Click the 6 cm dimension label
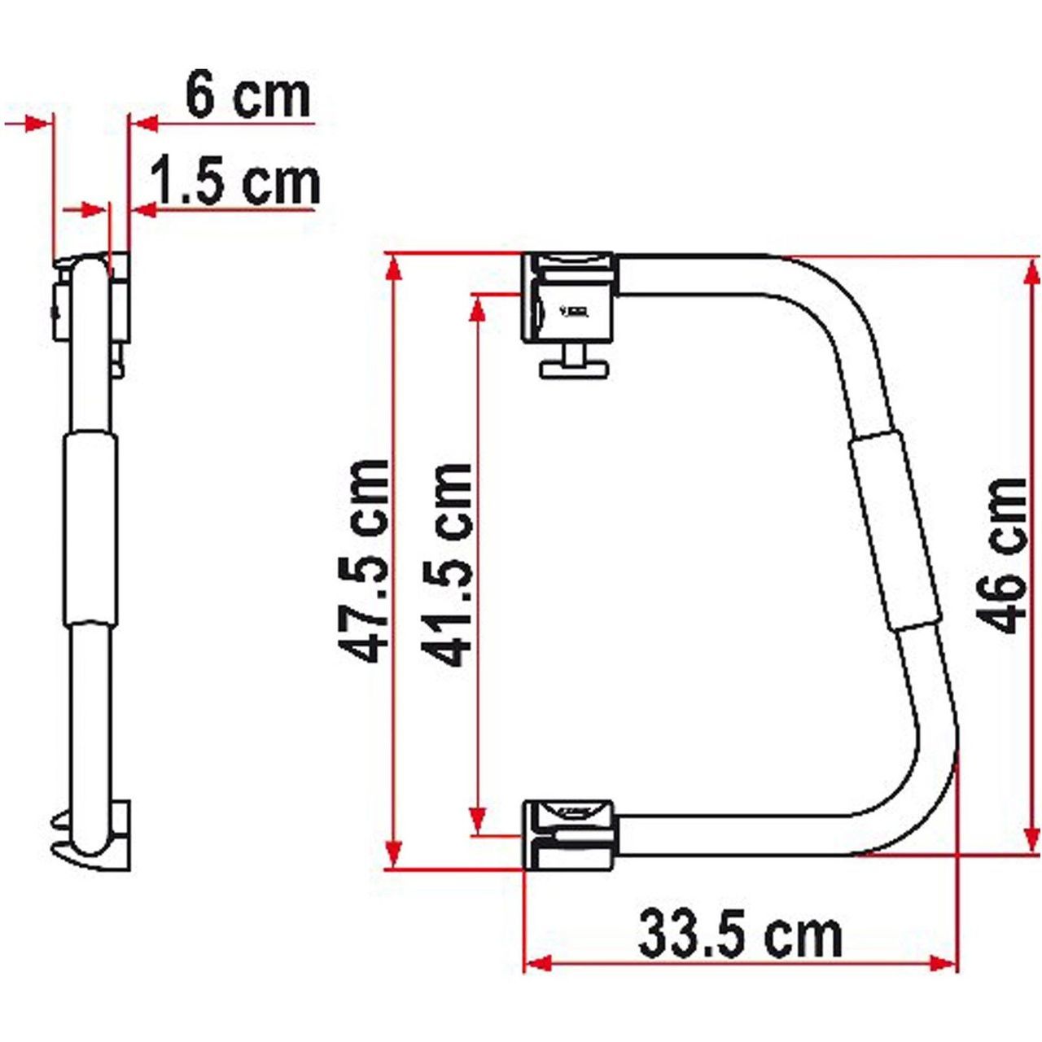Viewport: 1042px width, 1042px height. (x=247, y=95)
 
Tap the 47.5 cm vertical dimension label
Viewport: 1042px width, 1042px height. (x=363, y=561)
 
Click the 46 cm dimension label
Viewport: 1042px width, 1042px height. (x=1003, y=555)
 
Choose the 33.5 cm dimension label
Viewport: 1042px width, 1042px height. (x=739, y=935)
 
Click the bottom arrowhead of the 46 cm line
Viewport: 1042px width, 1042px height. (x=1032, y=842)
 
